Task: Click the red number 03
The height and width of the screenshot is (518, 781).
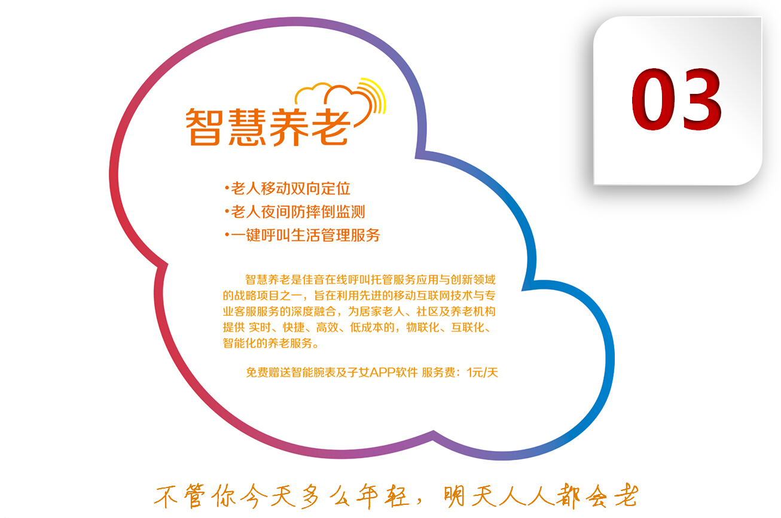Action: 676,99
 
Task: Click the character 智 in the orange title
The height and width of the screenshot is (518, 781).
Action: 205,127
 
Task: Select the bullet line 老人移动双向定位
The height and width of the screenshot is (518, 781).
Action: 288,188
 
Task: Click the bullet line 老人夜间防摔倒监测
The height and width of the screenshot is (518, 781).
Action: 295,212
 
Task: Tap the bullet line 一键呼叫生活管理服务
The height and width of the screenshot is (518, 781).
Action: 303,235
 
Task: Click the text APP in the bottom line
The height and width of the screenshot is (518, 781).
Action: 383,373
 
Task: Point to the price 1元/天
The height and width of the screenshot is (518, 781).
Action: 483,373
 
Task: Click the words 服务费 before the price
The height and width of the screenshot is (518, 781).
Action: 438,373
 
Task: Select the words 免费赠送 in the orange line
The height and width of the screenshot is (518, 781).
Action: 269,373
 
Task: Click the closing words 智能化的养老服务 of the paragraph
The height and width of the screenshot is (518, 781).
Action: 267,343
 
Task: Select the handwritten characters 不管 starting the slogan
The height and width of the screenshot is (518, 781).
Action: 179,496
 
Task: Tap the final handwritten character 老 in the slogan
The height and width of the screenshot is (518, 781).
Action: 626,495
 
